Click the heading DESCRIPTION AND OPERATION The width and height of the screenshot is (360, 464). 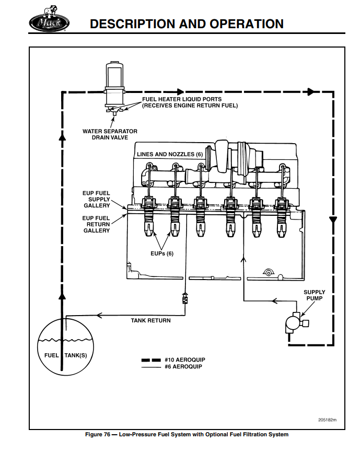point(187,24)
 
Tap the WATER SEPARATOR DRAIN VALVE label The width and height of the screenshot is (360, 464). point(110,134)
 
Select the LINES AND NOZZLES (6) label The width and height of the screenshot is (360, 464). point(169,154)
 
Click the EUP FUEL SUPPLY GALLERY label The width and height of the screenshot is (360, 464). point(96,199)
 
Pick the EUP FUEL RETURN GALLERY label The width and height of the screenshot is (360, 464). point(96,224)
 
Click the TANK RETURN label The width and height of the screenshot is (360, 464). point(150,320)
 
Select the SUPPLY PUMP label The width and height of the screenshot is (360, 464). point(314,295)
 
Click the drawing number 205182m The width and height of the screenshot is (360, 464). point(328,420)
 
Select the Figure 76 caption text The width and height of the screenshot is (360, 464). point(187,434)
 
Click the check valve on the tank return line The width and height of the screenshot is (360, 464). point(184,298)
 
